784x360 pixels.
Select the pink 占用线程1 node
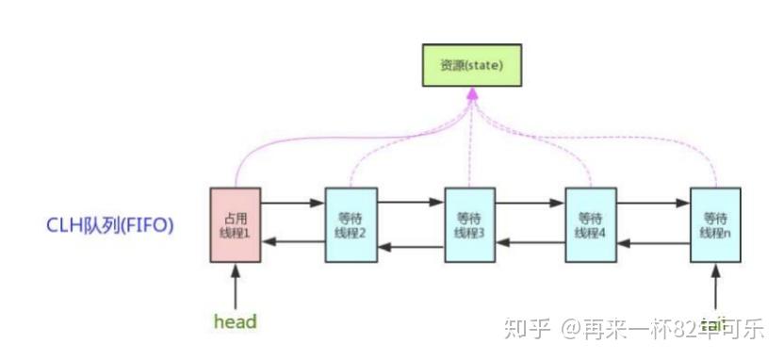(235, 224)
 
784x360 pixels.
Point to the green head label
(235, 321)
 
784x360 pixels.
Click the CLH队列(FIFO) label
(111, 226)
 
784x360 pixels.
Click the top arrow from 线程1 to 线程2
(292, 201)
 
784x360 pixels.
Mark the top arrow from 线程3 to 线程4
(530, 201)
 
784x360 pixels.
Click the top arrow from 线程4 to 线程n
(653, 201)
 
